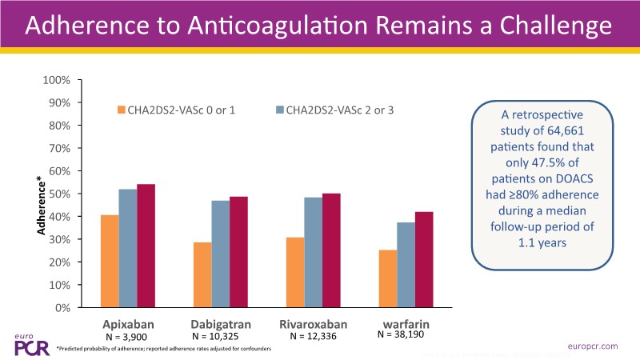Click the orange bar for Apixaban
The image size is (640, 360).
tap(110, 261)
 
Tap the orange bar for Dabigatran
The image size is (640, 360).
tap(202, 274)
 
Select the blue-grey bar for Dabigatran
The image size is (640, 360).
tap(220, 254)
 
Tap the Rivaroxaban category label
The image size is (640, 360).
tap(312, 325)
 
